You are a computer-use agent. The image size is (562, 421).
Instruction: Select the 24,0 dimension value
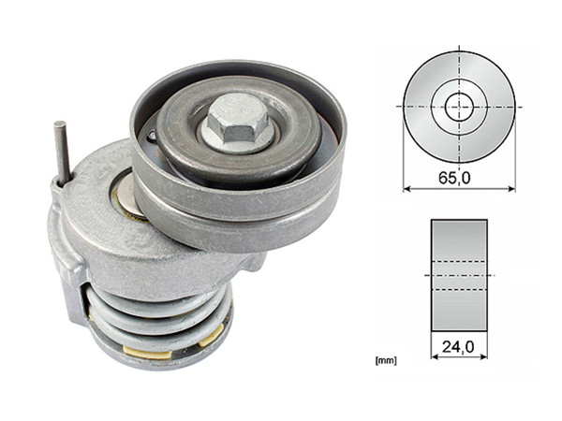458,347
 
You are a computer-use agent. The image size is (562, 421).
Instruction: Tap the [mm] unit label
383,359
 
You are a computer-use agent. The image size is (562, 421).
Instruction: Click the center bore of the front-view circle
459,106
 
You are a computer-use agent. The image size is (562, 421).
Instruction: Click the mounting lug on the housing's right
251,265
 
